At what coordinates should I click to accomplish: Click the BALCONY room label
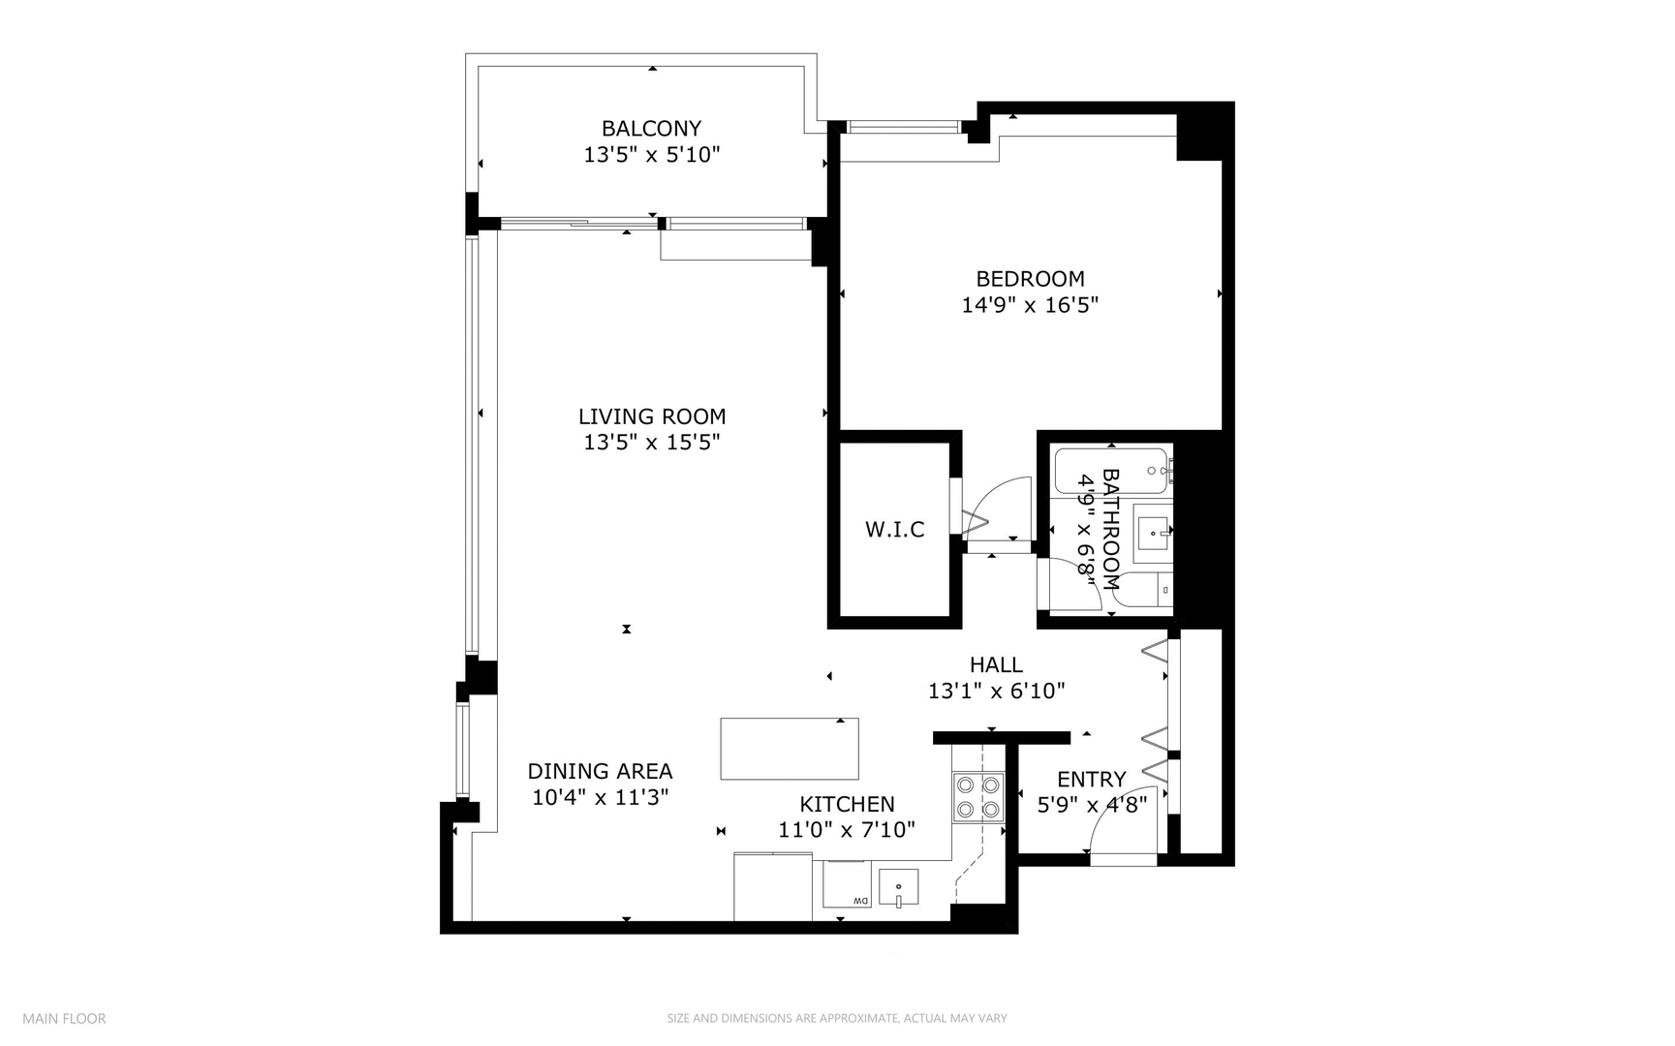point(651,128)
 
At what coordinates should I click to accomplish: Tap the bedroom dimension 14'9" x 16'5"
point(1030,305)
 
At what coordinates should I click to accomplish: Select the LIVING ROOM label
point(651,416)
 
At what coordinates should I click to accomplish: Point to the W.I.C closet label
point(894,530)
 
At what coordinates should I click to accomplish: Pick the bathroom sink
point(1154,531)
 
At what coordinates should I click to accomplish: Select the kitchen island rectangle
point(790,749)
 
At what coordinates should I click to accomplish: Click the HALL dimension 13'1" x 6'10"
point(996,692)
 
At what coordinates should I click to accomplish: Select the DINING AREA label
point(600,772)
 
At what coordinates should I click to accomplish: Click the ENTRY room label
point(1091,780)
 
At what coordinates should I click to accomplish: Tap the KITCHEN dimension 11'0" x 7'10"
point(847,830)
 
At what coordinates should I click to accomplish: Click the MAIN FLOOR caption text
point(64,1019)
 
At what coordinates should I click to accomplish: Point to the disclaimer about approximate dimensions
point(837,1019)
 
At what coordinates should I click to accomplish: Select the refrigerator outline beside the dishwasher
point(772,886)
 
